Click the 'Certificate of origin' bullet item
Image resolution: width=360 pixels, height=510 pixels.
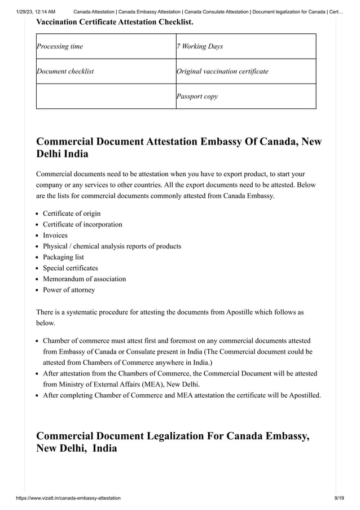(72, 213)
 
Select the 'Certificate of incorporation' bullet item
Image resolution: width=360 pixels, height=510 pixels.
(82, 224)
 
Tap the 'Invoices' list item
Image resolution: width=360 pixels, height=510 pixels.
(55, 236)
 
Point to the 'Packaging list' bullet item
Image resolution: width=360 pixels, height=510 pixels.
(63, 257)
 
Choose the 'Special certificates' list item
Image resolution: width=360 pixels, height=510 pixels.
(71, 268)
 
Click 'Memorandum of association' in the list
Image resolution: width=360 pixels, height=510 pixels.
(85, 279)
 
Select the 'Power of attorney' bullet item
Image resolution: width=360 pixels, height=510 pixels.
(69, 290)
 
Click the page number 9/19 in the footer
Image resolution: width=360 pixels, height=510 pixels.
(339, 498)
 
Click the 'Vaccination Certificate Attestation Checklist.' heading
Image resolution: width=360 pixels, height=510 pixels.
(115, 22)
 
